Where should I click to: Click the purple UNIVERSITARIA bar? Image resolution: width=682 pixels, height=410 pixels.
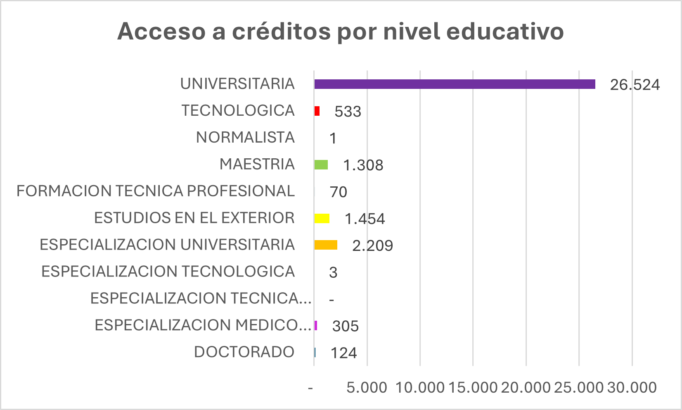click(x=455, y=84)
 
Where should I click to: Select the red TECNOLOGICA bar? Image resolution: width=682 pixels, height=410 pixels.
click(x=317, y=111)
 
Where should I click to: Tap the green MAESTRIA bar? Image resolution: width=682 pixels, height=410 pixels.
click(x=321, y=165)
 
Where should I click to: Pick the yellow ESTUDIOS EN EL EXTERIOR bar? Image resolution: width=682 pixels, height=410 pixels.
click(x=322, y=219)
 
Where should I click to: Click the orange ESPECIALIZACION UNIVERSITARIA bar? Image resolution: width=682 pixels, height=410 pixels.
click(x=326, y=245)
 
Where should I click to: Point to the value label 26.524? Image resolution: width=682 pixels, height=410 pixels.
click(x=635, y=85)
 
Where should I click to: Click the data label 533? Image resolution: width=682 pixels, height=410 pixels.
click(x=348, y=112)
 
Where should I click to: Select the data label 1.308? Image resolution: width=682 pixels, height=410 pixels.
click(x=363, y=165)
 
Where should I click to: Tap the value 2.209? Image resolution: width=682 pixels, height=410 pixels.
click(x=372, y=246)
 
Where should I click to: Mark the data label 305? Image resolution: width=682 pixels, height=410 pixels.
click(x=346, y=327)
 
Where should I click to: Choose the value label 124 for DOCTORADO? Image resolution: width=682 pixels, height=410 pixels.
click(x=343, y=353)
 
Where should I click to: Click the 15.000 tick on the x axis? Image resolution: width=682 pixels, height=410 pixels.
click(x=473, y=388)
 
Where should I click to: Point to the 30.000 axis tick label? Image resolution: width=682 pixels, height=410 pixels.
click(x=632, y=388)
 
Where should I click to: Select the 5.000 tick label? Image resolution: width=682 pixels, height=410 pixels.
click(x=367, y=388)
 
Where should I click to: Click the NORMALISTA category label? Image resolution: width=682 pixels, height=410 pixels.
click(x=245, y=138)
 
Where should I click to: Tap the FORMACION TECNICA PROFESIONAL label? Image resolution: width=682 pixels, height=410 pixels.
click(x=156, y=191)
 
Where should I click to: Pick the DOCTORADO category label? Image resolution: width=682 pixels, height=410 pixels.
click(x=244, y=352)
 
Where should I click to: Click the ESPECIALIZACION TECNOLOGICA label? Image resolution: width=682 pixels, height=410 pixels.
click(x=168, y=272)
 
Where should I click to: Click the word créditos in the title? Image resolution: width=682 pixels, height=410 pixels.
click(x=281, y=31)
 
